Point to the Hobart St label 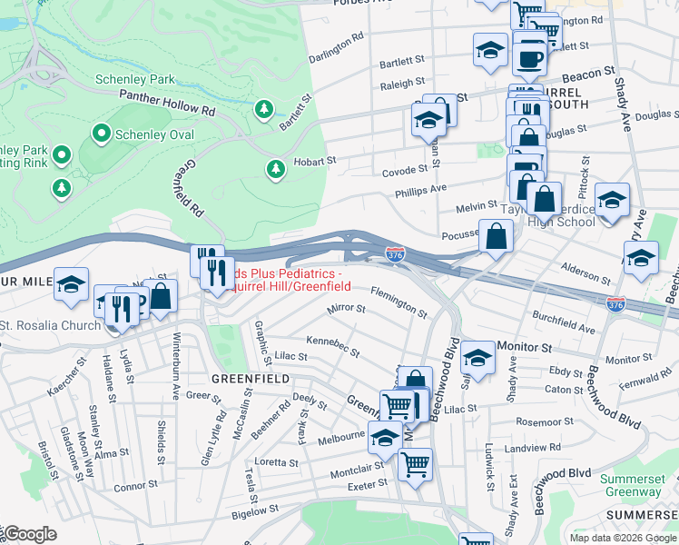pyautogui.click(x=314, y=162)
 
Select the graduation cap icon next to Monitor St pyautogui.click(x=477, y=357)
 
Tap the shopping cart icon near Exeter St pyautogui.click(x=415, y=464)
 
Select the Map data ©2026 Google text pyautogui.click(x=622, y=538)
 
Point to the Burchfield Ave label pyautogui.click(x=563, y=322)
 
